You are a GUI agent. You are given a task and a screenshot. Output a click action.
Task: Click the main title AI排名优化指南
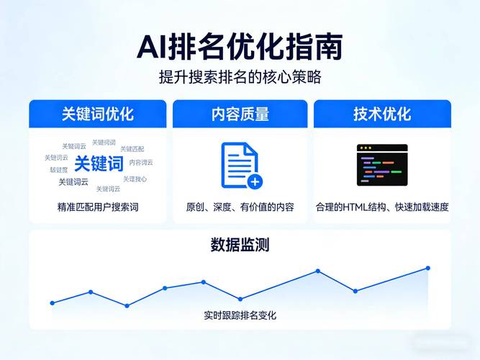coord(240,47)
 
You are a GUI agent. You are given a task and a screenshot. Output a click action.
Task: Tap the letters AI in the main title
coord(153,48)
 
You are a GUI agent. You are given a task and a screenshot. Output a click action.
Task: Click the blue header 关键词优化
coord(97,114)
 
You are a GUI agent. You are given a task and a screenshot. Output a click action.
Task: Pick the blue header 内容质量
coord(240,114)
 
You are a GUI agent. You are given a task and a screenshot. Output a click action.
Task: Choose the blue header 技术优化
coord(382,114)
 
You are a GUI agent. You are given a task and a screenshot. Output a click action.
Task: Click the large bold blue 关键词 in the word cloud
coord(99,164)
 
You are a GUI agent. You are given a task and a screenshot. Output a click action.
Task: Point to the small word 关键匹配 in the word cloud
coord(132,149)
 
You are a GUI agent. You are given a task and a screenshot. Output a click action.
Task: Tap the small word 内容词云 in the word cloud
coord(141,163)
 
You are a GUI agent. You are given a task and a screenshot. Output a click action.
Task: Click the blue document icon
coord(240,165)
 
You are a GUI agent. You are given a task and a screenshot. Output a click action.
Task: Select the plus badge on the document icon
coord(254,181)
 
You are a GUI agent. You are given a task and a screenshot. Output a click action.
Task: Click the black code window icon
coord(382,165)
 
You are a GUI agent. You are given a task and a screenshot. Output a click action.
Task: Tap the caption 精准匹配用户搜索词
coord(97,207)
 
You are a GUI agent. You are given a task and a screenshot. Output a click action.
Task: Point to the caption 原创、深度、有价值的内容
coord(240,207)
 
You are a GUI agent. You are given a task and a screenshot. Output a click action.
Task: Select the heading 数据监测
coord(240,245)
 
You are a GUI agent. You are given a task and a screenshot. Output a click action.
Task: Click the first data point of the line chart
coord(52,303)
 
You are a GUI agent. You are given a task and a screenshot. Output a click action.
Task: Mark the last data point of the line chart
coord(427,268)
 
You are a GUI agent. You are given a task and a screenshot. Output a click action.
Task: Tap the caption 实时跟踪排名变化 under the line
coord(240,315)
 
